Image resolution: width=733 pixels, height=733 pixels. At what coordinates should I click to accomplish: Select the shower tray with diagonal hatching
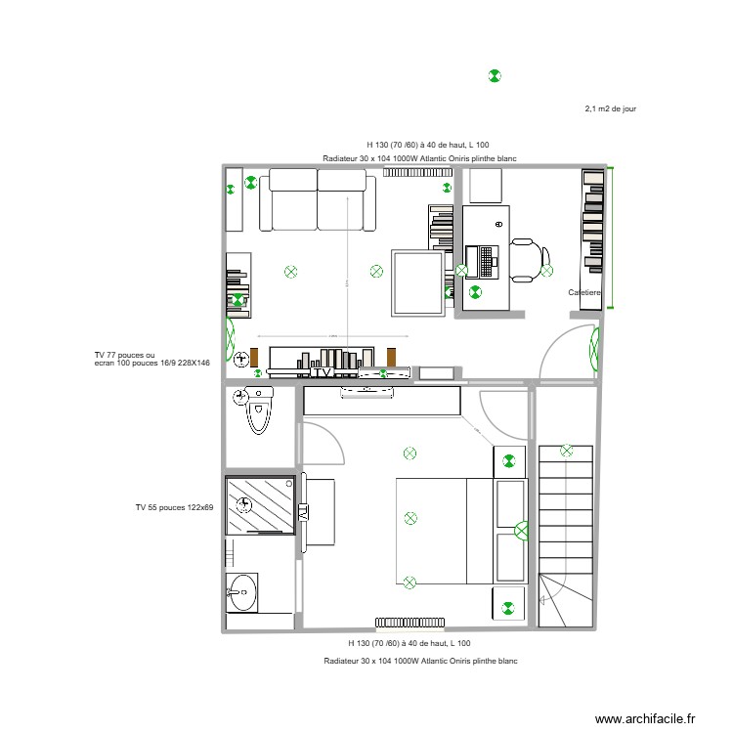point(260,505)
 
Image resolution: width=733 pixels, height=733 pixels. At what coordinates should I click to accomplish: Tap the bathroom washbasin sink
point(241,590)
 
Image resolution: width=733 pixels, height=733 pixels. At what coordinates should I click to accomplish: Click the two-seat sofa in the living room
point(318,200)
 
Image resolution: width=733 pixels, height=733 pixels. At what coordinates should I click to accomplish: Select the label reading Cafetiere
point(584,292)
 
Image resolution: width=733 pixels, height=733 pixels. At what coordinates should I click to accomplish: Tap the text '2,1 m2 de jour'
point(611,109)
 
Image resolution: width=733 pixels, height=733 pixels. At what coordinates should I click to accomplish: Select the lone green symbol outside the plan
point(495,75)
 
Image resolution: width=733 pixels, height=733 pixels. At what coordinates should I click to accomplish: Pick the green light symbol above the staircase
point(567,451)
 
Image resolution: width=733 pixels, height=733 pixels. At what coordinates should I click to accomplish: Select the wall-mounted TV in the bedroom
point(303,512)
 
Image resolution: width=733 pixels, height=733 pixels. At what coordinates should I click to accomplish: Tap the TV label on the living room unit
point(322,371)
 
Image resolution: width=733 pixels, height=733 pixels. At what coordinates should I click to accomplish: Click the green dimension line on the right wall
point(613,238)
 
